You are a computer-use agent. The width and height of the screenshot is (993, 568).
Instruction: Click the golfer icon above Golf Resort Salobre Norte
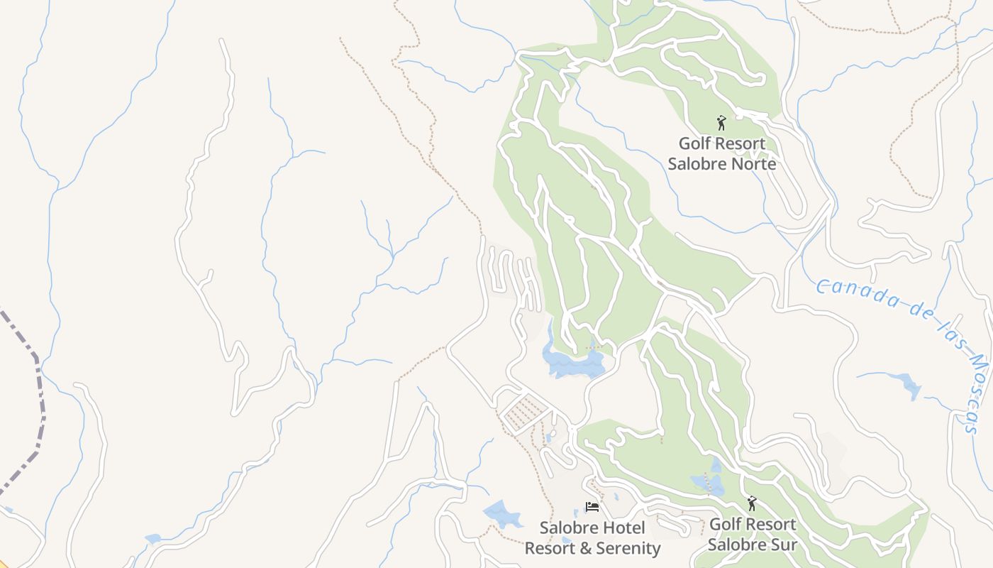[721, 123]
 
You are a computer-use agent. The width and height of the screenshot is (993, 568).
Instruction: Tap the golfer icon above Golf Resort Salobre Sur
[752, 504]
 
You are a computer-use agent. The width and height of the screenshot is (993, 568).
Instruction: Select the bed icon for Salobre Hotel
[592, 507]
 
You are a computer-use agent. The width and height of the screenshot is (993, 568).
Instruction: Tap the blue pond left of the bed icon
[502, 514]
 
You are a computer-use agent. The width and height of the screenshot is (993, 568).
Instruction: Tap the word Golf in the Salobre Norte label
[694, 143]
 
